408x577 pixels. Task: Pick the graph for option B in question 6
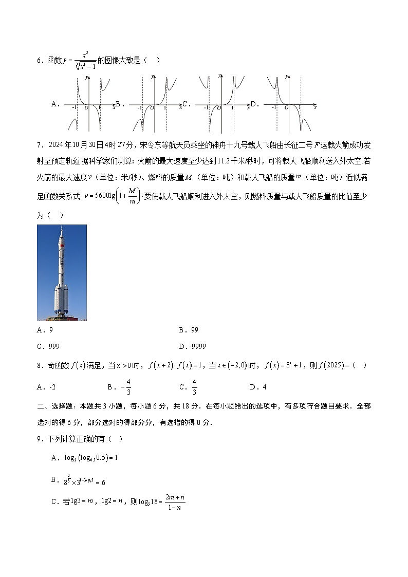(154, 104)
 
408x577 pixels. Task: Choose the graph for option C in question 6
(220, 104)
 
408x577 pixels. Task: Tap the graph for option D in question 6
(288, 104)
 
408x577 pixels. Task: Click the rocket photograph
(62, 272)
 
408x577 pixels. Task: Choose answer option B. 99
(188, 330)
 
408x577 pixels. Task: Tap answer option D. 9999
(192, 346)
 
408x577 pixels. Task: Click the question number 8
(39, 365)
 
